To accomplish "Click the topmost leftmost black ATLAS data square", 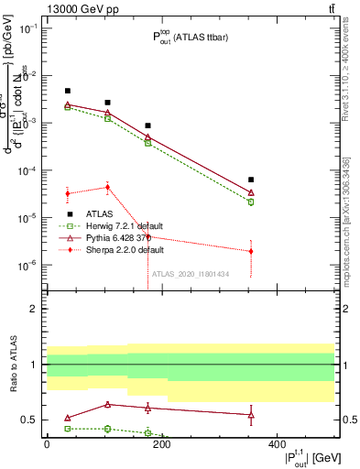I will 68,91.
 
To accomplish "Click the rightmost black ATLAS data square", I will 251,180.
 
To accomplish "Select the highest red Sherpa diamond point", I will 107,187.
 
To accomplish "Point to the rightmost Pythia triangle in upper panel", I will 251,192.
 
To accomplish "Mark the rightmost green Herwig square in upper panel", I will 251,202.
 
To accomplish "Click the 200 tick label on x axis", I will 161,444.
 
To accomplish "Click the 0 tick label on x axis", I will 47,444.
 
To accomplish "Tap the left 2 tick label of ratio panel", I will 32,310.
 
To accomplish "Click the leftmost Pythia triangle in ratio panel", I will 68,418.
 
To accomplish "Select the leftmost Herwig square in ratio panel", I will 68,428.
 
